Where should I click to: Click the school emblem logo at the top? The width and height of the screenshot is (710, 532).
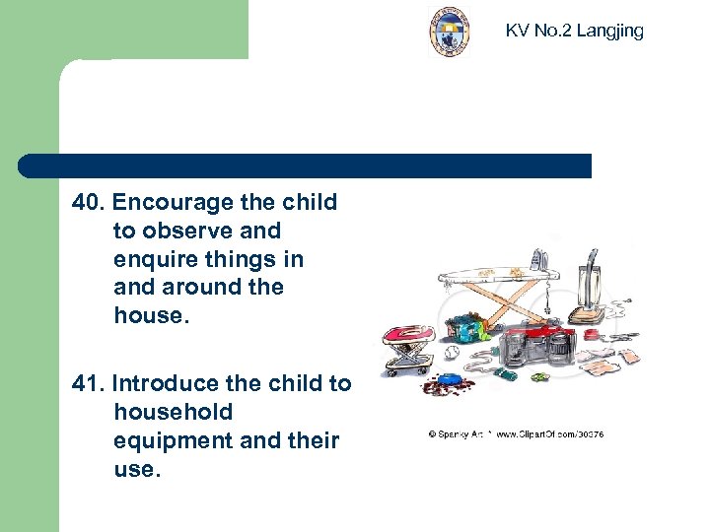click(449, 31)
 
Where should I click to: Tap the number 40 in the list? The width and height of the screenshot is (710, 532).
click(87, 203)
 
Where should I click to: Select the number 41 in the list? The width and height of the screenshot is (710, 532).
click(87, 384)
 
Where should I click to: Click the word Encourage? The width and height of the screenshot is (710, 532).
click(173, 203)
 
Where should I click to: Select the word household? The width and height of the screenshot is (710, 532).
click(174, 413)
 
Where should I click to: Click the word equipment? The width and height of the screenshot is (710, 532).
click(174, 440)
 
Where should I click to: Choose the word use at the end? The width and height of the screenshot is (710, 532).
click(135, 469)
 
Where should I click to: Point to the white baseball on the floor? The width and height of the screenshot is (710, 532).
click(455, 352)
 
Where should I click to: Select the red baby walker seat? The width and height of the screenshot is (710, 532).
click(410, 341)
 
